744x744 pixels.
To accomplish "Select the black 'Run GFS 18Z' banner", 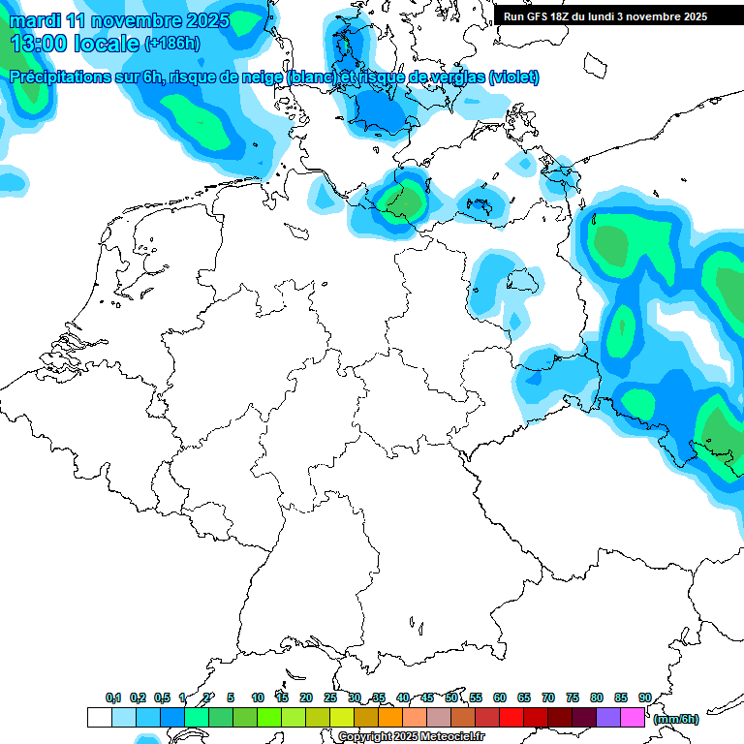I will (605, 16).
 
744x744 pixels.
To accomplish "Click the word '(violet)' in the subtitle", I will (513, 77).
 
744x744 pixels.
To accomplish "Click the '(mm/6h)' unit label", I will (675, 719).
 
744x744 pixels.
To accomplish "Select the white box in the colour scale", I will (99, 718).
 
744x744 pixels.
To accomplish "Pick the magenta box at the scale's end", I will (633, 718).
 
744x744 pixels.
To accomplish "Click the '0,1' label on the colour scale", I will (113, 698).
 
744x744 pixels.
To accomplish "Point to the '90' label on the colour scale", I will (644, 698).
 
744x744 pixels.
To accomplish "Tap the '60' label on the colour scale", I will (499, 698).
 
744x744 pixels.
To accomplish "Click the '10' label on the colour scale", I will (258, 698).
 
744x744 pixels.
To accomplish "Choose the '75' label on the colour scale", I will (572, 698).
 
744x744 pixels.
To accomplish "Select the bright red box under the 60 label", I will (511, 718).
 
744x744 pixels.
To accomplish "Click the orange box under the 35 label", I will (390, 718).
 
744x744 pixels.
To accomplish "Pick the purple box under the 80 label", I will (608, 718).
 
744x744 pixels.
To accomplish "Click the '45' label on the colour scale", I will (427, 698).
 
